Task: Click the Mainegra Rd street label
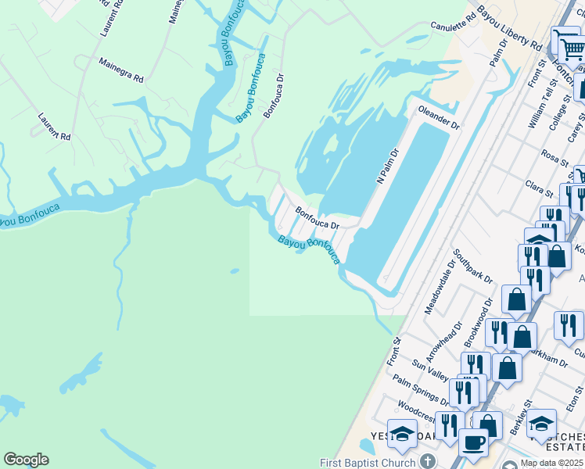[121, 69]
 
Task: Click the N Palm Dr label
[388, 166]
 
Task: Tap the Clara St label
[540, 189]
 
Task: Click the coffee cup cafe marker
[473, 443]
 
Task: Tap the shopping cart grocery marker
[572, 48]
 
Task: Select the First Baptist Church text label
[368, 462]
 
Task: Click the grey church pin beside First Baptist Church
[427, 461]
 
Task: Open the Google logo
[26, 460]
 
